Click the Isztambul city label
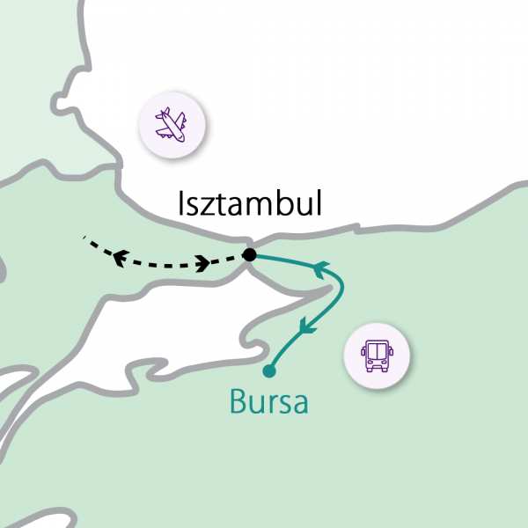(x=250, y=205)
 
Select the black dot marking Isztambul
(x=249, y=255)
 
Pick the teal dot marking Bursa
(x=269, y=370)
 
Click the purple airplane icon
(x=172, y=126)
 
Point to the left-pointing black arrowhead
(x=119, y=256)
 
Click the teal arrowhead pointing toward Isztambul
(x=321, y=265)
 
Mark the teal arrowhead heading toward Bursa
(x=306, y=326)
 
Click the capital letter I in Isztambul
(x=182, y=204)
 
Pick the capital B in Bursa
(x=238, y=401)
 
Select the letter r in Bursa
(x=273, y=405)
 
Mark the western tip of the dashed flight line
(x=84, y=238)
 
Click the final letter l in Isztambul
(x=319, y=204)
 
